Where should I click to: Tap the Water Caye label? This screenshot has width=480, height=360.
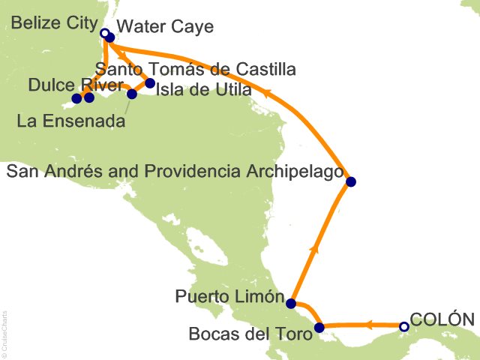coord(166,27)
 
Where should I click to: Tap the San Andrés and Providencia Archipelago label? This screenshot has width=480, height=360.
coord(175,173)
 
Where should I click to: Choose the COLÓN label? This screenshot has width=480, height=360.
coord(442,319)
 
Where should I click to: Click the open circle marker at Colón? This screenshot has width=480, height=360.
coord(404,326)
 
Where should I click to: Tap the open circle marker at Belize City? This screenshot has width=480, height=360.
coord(104,33)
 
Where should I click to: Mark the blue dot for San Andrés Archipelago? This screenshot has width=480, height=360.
coord(350,181)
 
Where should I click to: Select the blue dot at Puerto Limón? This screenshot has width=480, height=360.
coord(291,304)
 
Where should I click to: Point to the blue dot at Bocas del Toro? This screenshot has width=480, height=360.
coord(319,327)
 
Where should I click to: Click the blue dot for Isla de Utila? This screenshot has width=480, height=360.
coord(150,83)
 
